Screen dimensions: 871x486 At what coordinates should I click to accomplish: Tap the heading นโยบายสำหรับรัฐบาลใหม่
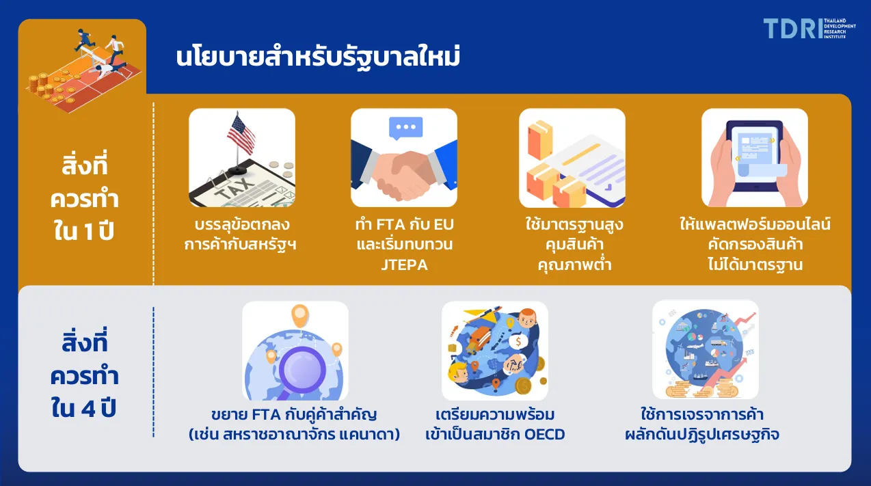pyautogui.click(x=318, y=57)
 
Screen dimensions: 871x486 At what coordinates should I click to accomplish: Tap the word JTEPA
pyautogui.click(x=404, y=265)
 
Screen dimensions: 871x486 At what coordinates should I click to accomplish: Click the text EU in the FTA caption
pyautogui.click(x=444, y=224)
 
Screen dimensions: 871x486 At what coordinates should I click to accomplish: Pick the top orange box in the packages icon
pyautogui.click(x=540, y=139)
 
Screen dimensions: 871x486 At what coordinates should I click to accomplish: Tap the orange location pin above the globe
pyautogui.click(x=300, y=315)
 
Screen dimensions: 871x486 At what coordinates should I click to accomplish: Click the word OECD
pyautogui.click(x=544, y=435)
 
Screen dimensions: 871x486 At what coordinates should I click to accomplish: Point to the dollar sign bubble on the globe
pyautogui.click(x=518, y=342)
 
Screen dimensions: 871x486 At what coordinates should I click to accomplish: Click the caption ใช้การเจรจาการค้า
pyautogui.click(x=702, y=414)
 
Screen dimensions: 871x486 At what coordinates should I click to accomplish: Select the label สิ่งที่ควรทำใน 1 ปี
pyautogui.click(x=84, y=198)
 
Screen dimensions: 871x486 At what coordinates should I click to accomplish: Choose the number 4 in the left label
pyautogui.click(x=89, y=409)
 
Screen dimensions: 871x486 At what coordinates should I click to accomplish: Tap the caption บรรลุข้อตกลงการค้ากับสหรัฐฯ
pyautogui.click(x=241, y=234)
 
